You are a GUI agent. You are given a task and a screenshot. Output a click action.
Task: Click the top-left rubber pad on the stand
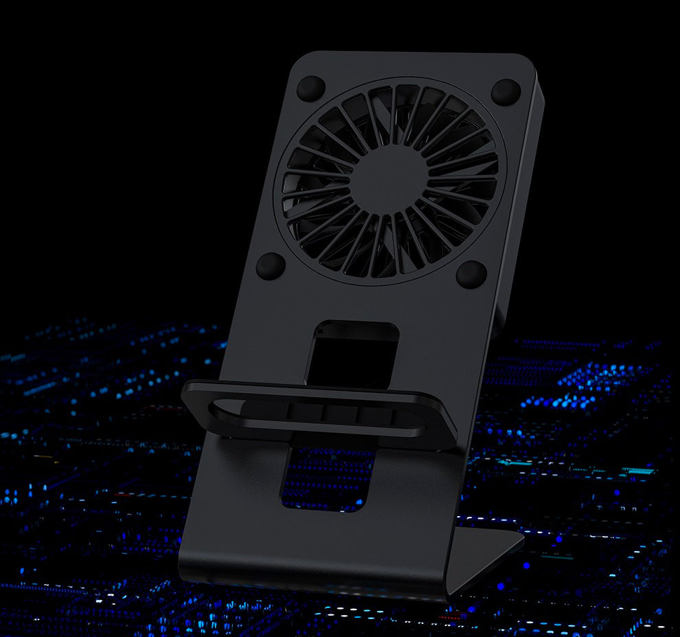[x=310, y=88]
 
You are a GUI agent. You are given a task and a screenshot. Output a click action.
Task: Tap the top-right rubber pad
[x=506, y=91]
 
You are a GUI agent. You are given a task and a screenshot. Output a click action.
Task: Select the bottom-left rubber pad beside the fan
[x=271, y=265]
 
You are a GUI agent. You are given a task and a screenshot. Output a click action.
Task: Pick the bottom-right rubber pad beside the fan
[x=471, y=273]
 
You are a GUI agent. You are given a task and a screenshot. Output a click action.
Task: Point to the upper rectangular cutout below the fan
[x=352, y=352]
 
